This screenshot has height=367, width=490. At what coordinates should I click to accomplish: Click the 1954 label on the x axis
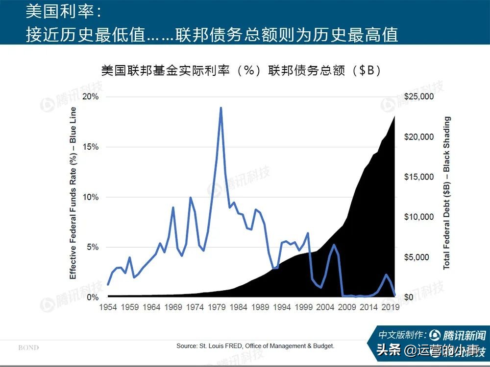point(108,308)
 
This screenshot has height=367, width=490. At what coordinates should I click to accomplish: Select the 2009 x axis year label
point(348,308)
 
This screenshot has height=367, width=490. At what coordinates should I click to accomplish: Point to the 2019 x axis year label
point(391,308)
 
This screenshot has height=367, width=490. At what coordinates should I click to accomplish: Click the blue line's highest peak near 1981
point(220,108)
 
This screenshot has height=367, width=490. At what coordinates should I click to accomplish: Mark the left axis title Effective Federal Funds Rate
point(73,193)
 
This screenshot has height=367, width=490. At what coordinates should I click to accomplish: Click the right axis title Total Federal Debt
point(446,193)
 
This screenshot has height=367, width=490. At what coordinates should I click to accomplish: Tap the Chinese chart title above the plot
point(241,70)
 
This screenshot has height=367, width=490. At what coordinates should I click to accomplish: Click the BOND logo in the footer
point(28,348)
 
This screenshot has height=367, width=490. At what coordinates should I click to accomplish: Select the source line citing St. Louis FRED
point(255,346)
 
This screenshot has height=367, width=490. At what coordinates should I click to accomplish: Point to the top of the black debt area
point(394,117)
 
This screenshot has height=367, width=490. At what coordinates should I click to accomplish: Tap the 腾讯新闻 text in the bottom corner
point(464,336)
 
